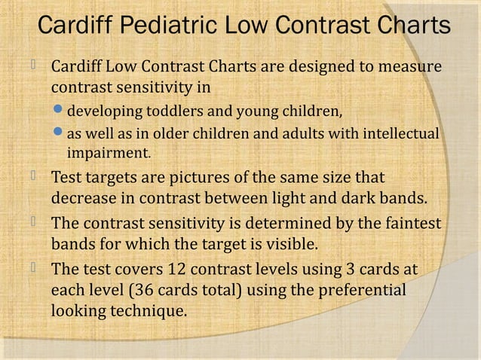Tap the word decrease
tap(84, 200)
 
